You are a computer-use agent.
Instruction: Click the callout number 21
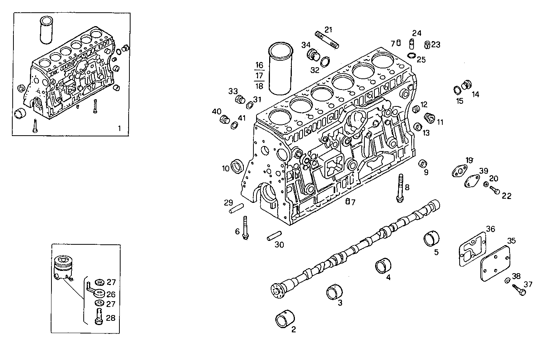tap(328, 30)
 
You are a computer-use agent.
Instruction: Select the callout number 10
tap(225, 168)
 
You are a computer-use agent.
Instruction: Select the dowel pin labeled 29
tap(237, 208)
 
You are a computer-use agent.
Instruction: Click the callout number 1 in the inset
tap(119, 128)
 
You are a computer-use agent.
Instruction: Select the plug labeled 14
tap(466, 84)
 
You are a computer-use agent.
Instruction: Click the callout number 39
tap(483, 171)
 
